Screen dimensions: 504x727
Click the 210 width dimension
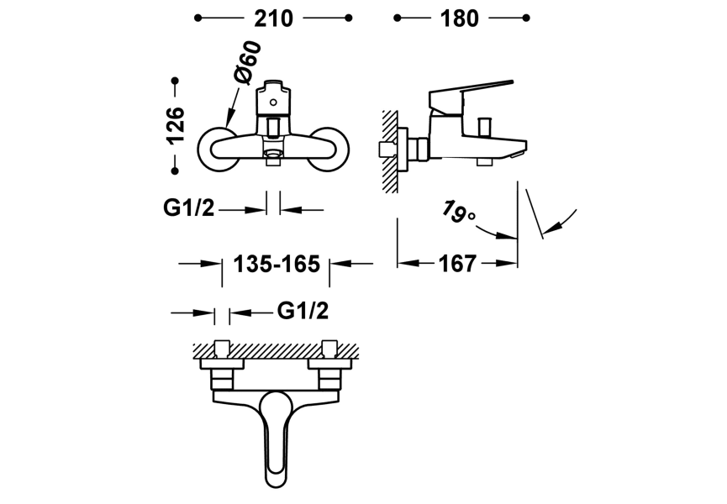[x=273, y=18]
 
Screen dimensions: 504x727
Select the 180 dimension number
[x=460, y=18]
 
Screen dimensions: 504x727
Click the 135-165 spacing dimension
[x=277, y=264]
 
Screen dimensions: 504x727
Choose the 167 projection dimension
[x=457, y=264]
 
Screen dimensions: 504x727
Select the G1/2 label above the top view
[x=302, y=312]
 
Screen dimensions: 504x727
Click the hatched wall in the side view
[x=389, y=151]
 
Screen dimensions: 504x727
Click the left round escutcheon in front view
[x=216, y=149]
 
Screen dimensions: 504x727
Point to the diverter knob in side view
[x=483, y=127]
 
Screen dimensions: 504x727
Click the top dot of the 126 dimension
[x=175, y=81]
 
